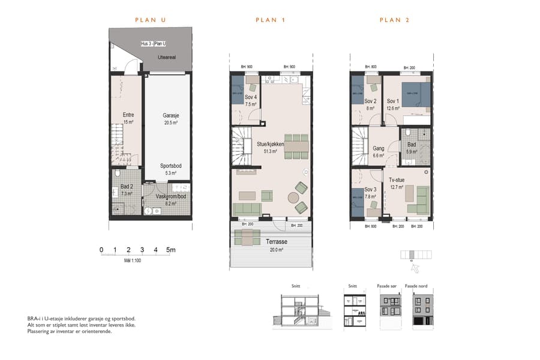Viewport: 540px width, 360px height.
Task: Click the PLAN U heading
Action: coord(150,20)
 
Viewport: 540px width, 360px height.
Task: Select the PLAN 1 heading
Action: coord(270,20)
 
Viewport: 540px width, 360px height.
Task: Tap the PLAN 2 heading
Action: coord(395,20)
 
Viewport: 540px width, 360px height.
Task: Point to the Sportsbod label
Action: coord(172,166)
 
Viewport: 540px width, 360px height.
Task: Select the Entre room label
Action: coord(128,115)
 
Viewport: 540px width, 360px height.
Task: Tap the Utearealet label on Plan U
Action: coord(166,58)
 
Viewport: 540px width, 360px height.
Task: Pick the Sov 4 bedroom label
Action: coord(251,97)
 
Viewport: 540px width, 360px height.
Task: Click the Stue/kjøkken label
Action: coord(271,144)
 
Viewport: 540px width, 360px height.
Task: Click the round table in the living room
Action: coord(293,197)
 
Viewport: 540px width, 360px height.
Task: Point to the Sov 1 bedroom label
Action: coord(393,101)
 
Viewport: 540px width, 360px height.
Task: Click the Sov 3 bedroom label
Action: coord(370,190)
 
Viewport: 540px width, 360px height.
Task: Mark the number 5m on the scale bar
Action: coord(170,250)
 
